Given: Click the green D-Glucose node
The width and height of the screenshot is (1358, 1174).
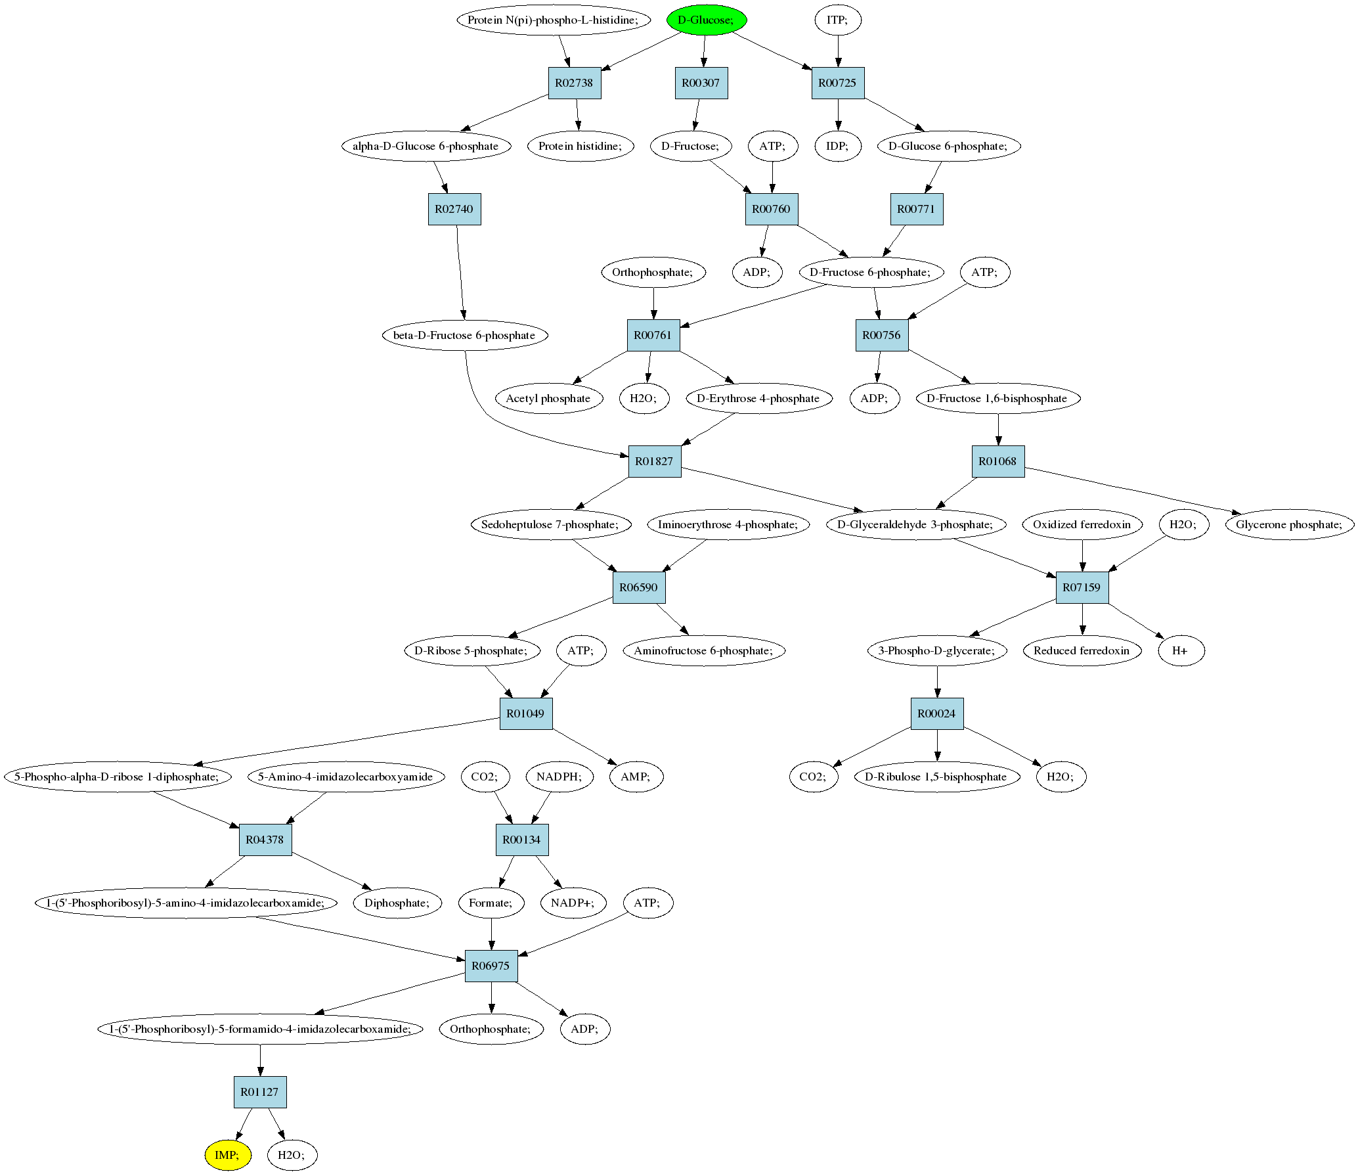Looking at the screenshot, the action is tap(707, 20).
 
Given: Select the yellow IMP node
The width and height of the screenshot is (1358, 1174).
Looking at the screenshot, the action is tap(227, 1155).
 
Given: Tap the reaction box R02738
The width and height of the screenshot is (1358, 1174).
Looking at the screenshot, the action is tap(575, 83).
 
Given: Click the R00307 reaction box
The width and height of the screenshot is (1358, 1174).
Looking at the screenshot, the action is tap(701, 83).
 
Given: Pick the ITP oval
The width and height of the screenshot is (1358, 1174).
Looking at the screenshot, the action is tap(837, 20).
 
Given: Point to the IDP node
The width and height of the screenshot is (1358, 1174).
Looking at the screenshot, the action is tap(837, 146).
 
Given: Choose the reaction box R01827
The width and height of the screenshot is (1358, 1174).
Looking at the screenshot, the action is tap(655, 461).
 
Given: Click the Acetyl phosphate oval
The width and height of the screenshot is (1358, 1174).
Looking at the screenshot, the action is tap(548, 398).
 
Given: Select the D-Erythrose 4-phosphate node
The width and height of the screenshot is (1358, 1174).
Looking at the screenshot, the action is tap(758, 398).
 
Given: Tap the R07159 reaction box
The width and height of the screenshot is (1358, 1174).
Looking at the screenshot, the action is tap(1082, 587).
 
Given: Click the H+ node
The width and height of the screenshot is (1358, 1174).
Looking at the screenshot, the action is tap(1181, 650).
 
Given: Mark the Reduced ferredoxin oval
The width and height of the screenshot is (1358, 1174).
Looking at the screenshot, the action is tap(1082, 650).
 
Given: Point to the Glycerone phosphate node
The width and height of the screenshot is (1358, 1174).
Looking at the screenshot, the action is tap(1290, 524).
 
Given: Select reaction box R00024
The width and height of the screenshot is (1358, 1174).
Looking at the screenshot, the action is tap(937, 713).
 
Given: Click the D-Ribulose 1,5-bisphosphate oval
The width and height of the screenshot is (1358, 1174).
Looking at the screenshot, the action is tap(936, 777).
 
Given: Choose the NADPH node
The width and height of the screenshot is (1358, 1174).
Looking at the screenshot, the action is tap(559, 777).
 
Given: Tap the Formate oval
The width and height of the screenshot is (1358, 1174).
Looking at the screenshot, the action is tap(491, 903).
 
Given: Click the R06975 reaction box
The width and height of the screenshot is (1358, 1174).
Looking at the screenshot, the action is tap(491, 966).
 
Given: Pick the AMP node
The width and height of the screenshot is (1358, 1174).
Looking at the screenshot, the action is tap(636, 777).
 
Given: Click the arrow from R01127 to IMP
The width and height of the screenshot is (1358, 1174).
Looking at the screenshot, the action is tap(244, 1124).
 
